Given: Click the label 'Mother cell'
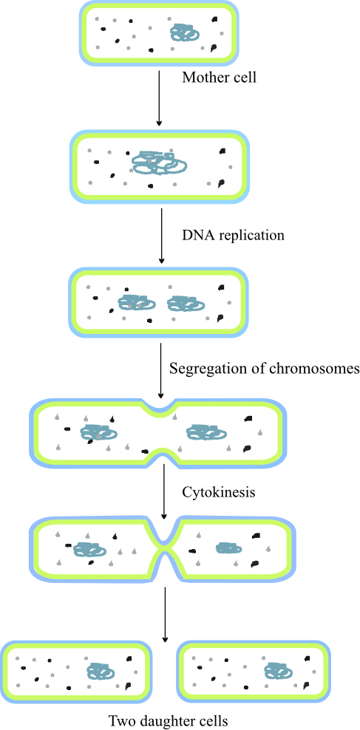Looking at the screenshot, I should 220,77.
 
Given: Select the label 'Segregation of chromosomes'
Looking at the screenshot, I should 264,368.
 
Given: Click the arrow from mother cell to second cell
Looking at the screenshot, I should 159,95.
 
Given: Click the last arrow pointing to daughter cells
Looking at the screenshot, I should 165,614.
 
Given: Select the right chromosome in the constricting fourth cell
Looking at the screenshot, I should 205,432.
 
